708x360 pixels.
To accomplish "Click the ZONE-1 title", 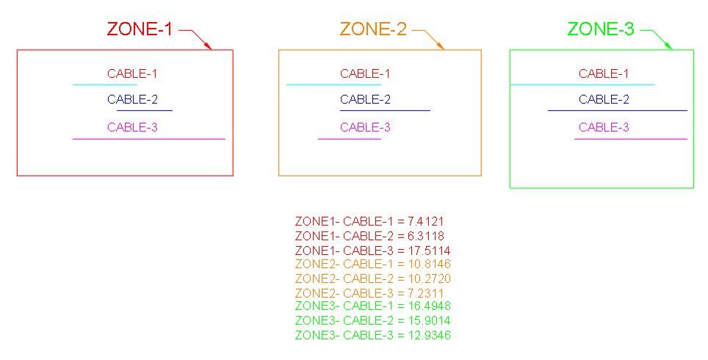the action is click(x=140, y=29).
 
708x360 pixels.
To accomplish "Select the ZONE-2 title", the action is click(x=373, y=29).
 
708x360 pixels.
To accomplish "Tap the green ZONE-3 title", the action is click(x=601, y=29).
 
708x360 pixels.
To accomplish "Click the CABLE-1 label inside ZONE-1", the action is click(x=132, y=73).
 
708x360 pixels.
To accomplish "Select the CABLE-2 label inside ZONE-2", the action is click(x=365, y=99).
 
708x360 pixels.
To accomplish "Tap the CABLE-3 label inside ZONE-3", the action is click(x=604, y=127).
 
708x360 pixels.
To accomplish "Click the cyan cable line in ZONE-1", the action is click(x=105, y=84).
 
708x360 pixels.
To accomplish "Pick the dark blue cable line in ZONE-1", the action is click(x=145, y=110).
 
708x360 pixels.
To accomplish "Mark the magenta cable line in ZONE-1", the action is click(x=149, y=139).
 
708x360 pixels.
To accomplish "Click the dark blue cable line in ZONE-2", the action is click(x=385, y=110).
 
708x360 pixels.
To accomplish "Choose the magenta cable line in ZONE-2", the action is click(x=350, y=139).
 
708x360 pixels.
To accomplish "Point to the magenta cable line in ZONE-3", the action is click(x=631, y=139).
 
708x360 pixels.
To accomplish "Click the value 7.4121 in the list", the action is click(x=425, y=221).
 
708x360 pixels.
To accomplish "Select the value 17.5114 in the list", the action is click(x=429, y=251).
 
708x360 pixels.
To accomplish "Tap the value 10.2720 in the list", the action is click(x=429, y=278).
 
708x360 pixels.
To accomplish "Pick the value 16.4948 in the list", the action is click(x=429, y=306).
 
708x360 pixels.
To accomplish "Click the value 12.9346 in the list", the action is click(x=429, y=335).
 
